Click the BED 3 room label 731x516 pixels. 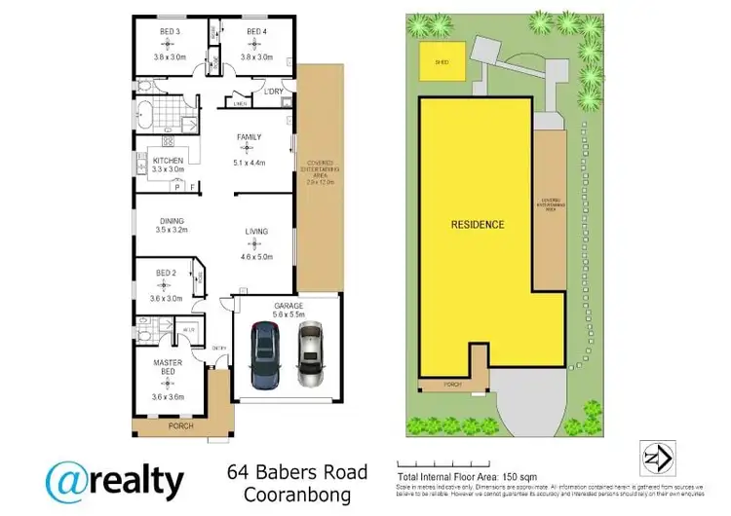(169, 32)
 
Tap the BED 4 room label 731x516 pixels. (255, 32)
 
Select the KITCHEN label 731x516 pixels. (168, 159)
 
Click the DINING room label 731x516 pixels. (172, 221)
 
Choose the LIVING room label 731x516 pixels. (256, 232)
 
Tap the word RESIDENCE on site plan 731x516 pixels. (478, 225)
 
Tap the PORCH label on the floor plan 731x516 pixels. (180, 426)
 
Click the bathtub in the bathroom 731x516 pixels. (144, 116)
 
